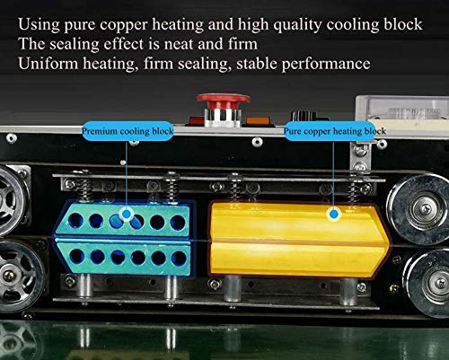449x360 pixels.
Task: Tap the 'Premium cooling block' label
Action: pyautogui.click(x=128, y=131)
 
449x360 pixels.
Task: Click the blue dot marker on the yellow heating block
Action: pyautogui.click(x=334, y=214)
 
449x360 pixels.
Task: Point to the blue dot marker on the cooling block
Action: pyautogui.click(x=127, y=214)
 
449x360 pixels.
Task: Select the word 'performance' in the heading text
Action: pyautogui.click(x=326, y=65)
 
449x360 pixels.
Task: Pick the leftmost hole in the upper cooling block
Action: pyautogui.click(x=75, y=220)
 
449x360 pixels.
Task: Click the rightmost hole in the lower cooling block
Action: pyautogui.click(x=179, y=259)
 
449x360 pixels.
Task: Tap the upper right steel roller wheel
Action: pyautogui.click(x=419, y=206)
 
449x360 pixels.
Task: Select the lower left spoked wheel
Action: pyautogui.click(x=18, y=276)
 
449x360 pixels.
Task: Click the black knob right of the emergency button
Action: pyautogui.click(x=304, y=116)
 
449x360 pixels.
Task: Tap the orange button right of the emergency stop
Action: pyautogui.click(x=259, y=121)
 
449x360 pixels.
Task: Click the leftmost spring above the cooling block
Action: pyautogui.click(x=85, y=187)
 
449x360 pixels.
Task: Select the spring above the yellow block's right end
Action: pyautogui.click(x=355, y=188)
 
